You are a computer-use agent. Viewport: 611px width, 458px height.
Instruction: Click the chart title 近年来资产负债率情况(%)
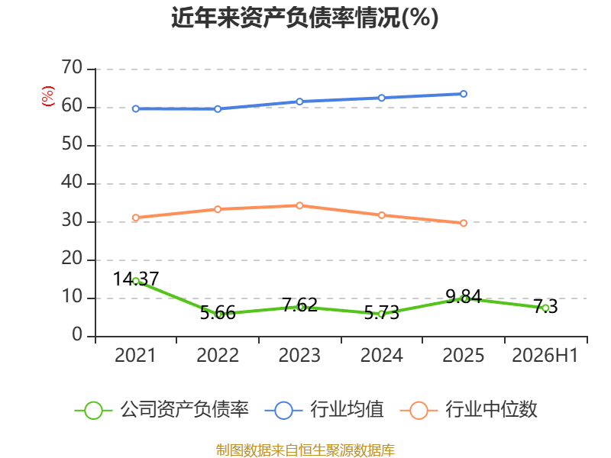pos(305,18)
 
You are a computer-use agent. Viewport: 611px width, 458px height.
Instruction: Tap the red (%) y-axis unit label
pos(48,96)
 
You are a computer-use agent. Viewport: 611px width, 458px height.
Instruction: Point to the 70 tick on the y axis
pos(72,67)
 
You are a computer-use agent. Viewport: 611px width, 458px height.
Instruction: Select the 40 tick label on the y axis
pos(72,182)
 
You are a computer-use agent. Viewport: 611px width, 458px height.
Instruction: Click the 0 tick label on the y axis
pos(77,334)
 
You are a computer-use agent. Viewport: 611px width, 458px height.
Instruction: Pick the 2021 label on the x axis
pos(135,355)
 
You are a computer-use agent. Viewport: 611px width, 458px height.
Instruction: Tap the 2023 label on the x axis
pos(299,355)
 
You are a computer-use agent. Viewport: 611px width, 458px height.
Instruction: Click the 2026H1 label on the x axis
pos(545,355)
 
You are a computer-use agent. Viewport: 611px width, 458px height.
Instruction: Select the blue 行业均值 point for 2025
pos(464,94)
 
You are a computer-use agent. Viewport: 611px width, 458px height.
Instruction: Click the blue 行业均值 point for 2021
pos(136,108)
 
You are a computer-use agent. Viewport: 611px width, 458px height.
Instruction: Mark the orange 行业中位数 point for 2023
pos(299,205)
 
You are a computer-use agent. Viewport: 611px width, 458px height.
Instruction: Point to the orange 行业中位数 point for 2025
pos(464,223)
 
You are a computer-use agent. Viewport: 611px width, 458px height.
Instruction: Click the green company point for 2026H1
pos(545,308)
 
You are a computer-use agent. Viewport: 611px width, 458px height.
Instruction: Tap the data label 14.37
pos(136,279)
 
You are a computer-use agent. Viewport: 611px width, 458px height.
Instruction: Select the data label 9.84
pos(464,297)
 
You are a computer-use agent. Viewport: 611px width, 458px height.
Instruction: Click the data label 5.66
pos(218,313)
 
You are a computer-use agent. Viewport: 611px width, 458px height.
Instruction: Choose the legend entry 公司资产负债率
pos(161,410)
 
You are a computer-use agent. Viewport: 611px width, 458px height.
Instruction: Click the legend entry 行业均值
pos(324,410)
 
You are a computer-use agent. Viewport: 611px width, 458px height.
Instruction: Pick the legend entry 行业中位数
pos(468,410)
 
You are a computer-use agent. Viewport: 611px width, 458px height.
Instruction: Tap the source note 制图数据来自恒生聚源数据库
pos(305,450)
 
